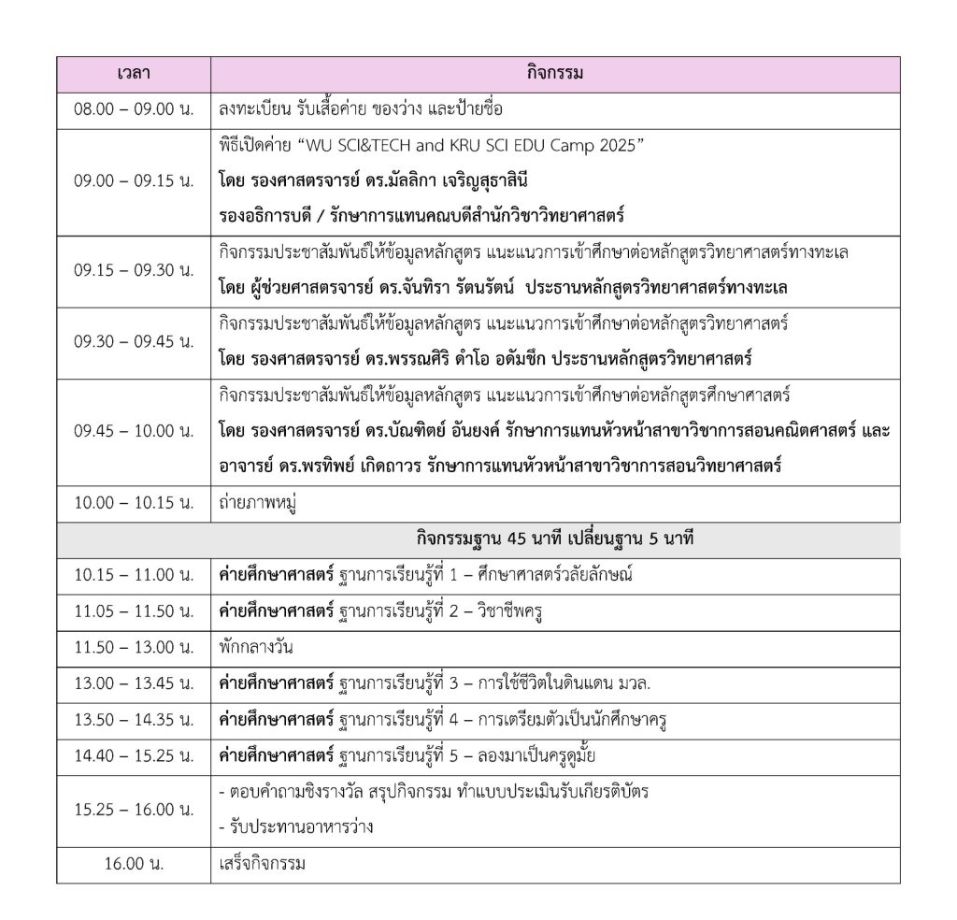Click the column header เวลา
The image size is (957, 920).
click(134, 74)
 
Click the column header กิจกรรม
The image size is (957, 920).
click(555, 74)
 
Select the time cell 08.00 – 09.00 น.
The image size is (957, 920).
click(134, 109)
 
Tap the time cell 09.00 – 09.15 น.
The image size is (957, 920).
click(134, 181)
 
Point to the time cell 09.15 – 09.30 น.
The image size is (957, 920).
click(134, 270)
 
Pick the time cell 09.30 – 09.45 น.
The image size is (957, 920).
click(134, 341)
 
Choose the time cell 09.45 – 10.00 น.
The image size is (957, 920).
click(134, 431)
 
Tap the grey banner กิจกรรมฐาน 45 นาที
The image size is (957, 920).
click(554, 539)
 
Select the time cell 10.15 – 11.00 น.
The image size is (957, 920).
click(134, 575)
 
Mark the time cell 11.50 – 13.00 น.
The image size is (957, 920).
click(134, 646)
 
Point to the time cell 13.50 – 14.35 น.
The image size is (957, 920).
click(134, 719)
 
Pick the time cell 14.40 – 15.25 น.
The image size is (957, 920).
click(134, 755)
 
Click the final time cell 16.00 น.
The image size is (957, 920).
click(134, 864)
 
